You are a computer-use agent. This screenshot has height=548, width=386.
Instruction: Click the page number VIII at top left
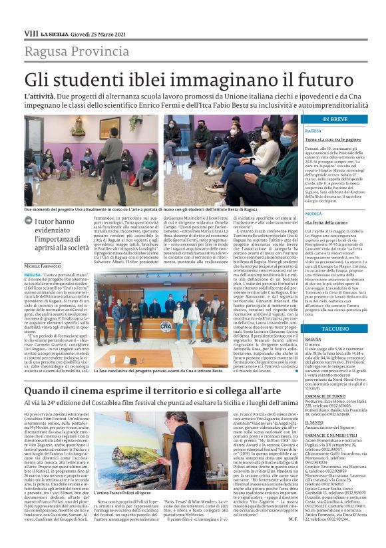click(x=31, y=33)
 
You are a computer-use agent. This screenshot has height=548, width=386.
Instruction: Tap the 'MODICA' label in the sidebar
click(x=313, y=213)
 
